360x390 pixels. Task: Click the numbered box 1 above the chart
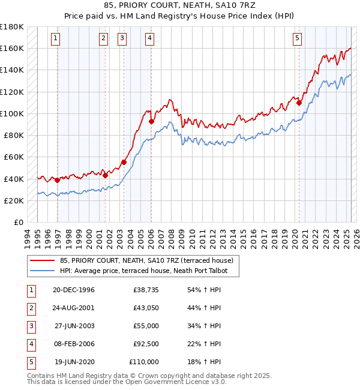[x=55, y=38]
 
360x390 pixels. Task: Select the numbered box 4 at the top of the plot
[x=149, y=38]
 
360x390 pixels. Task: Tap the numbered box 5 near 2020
[x=298, y=38]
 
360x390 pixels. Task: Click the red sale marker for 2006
[x=151, y=122]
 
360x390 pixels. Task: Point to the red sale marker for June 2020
[x=299, y=103]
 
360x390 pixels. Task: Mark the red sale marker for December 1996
[x=58, y=180]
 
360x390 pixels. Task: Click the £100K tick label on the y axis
[x=11, y=113]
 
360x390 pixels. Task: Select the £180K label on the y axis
[x=11, y=27]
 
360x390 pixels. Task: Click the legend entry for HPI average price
[x=148, y=271]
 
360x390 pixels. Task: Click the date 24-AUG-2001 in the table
[x=73, y=308]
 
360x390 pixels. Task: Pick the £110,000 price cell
[x=143, y=362]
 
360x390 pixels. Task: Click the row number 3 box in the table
[x=29, y=326]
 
